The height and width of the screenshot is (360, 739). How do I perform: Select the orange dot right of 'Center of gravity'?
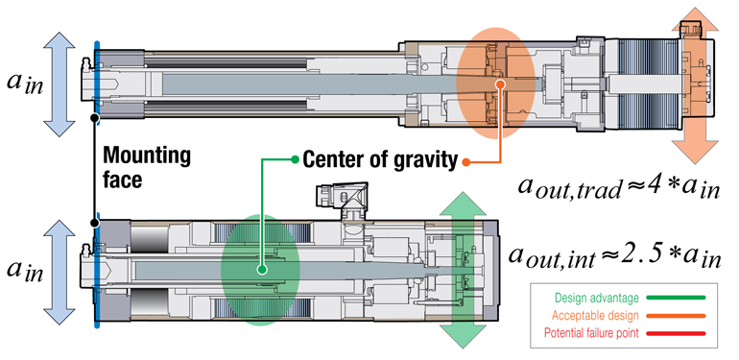tap(465, 160)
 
